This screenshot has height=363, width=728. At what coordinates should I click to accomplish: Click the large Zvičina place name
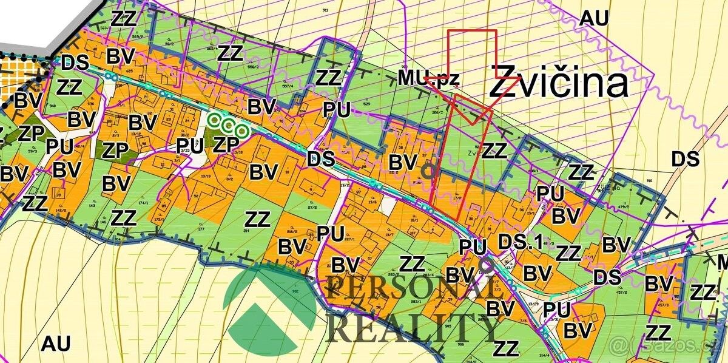tap(558, 83)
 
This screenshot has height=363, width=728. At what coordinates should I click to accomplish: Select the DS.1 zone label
tap(520, 242)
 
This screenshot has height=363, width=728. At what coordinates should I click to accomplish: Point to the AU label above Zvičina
tap(594, 18)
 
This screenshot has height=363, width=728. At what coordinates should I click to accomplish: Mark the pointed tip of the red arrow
tap(473, 125)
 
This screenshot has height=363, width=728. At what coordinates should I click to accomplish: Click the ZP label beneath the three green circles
tap(225, 144)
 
